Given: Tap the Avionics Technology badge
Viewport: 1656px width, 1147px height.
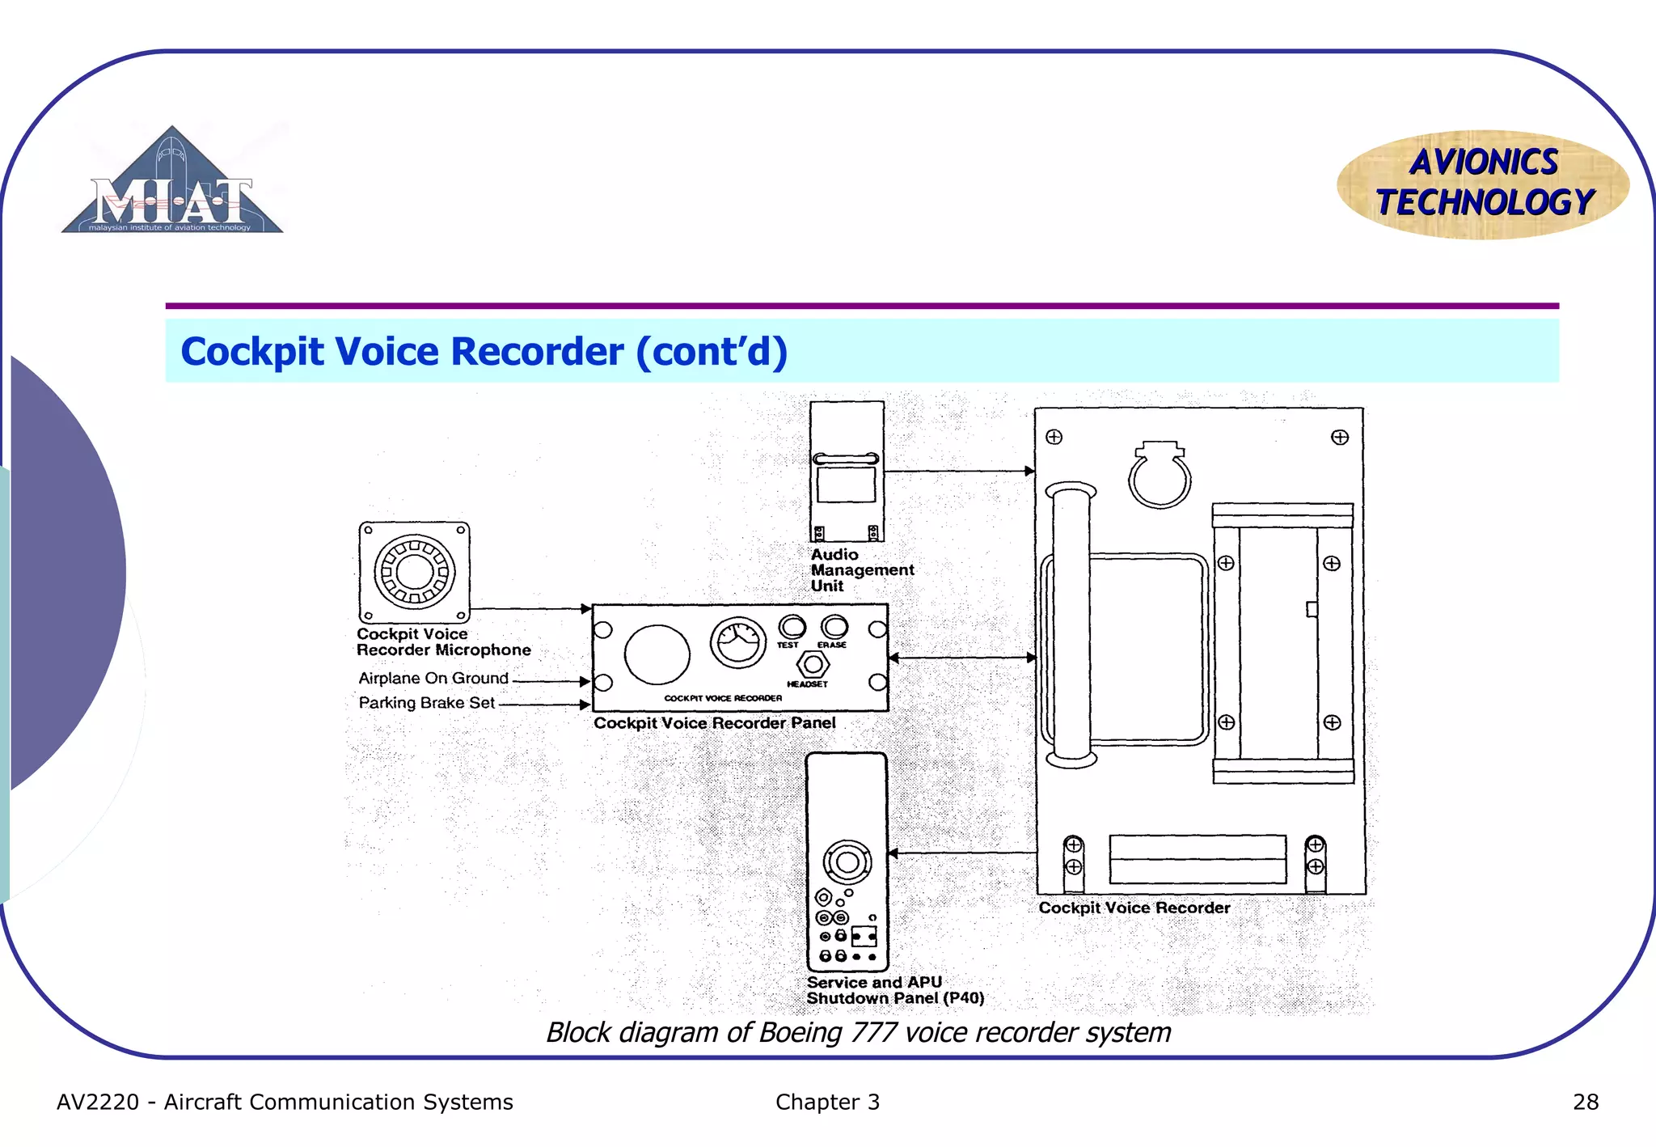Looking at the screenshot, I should tap(1483, 184).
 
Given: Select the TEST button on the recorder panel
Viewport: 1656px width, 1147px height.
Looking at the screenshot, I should tap(792, 627).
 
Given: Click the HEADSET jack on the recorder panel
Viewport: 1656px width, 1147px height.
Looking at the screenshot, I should tap(813, 664).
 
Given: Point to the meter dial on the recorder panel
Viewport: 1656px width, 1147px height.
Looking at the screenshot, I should tap(737, 643).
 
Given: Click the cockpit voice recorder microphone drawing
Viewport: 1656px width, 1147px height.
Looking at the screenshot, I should tap(414, 572).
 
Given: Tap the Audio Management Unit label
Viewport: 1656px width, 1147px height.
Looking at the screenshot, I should tap(861, 570).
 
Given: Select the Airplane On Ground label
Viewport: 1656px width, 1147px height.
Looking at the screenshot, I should tap(433, 679).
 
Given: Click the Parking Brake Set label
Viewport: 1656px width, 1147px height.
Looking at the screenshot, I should tap(426, 703).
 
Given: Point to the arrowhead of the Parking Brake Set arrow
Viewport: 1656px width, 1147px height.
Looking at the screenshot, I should tap(585, 705).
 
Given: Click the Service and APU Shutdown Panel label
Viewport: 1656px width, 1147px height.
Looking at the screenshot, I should tap(894, 990).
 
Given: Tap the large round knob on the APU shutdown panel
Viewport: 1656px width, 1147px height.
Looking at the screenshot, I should tap(847, 862).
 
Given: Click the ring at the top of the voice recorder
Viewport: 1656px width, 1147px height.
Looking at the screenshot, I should tap(1160, 480).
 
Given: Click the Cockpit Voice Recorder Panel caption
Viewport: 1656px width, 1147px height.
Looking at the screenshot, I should tap(714, 723).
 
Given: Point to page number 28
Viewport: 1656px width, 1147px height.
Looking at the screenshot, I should tap(1585, 1103).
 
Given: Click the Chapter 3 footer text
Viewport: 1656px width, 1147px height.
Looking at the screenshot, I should tap(827, 1103).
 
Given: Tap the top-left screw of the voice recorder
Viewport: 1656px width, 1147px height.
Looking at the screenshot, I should tap(1054, 438).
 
